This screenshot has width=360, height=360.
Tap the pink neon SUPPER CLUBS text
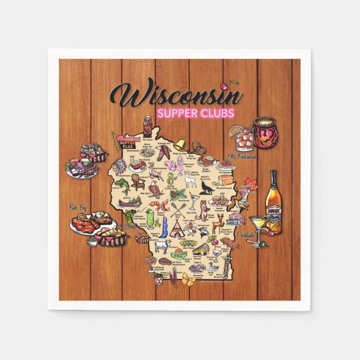point(196,114)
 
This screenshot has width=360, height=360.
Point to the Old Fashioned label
point(241,157)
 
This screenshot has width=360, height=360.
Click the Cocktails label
point(247,236)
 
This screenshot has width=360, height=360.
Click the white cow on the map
point(162,245)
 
